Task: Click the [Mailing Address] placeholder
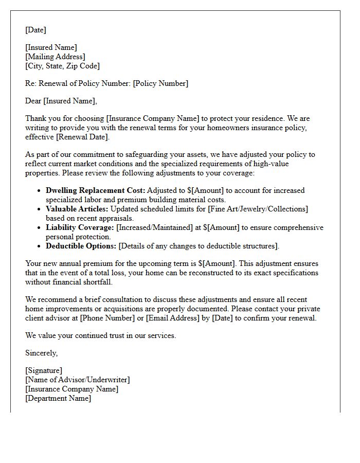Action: point(55,57)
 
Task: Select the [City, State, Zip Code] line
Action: point(62,66)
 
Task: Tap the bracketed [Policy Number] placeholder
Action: point(160,83)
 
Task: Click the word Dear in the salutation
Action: point(33,101)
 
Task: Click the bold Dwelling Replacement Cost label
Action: point(95,190)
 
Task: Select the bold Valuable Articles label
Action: point(77,209)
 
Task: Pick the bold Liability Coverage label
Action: point(80,227)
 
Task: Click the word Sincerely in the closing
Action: point(41,353)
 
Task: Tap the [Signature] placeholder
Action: point(44,370)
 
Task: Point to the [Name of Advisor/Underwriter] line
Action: point(77,380)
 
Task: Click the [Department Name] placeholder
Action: point(58,398)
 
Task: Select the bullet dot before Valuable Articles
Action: point(40,209)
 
